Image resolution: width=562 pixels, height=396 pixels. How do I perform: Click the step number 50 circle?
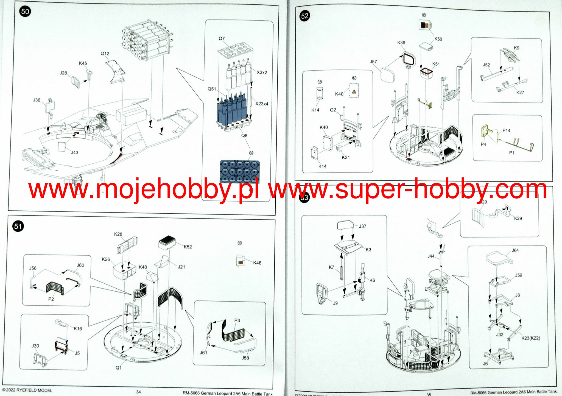coord(25,12)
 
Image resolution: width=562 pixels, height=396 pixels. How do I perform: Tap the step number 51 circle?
coord(18,226)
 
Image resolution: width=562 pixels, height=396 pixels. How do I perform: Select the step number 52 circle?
coord(304,16)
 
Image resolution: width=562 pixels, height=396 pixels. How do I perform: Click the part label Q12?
coord(105,54)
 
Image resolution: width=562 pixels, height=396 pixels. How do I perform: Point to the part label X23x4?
coord(262,104)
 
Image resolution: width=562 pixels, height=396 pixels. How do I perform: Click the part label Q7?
coord(222,38)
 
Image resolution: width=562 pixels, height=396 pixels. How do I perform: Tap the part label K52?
coord(188,247)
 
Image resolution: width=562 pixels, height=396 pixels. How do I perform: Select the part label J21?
coord(181,267)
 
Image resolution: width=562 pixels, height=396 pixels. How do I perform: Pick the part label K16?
coord(78,328)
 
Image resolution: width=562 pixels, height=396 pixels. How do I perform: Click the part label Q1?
coord(118,367)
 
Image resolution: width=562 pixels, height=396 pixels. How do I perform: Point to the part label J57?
coord(373,62)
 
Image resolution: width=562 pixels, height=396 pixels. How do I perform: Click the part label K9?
coord(516,48)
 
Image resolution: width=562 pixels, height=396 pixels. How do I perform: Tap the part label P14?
coord(506,130)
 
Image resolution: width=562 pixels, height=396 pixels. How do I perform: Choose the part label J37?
coord(362,226)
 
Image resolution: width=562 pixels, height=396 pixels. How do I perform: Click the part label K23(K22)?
coord(530,338)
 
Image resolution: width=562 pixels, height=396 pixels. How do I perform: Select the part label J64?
coord(515,250)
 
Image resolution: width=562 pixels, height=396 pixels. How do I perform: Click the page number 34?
coord(139,392)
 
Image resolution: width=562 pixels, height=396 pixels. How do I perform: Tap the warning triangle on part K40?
coord(354,91)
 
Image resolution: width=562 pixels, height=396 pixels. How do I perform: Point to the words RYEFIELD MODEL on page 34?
coord(34,390)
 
